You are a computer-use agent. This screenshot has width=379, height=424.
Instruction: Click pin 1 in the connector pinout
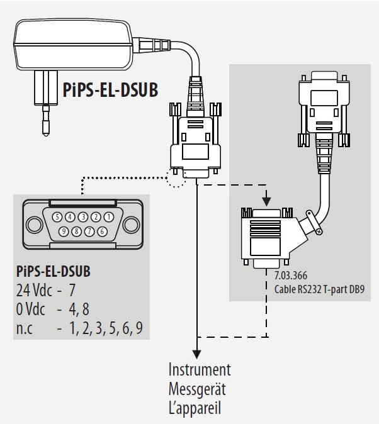108,217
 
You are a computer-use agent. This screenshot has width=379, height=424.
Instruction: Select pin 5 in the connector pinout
57,217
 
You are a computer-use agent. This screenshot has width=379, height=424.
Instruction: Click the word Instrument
200,369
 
